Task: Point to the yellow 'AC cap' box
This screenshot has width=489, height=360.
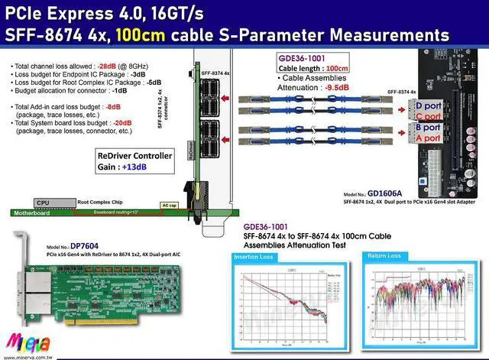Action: (x=169, y=206)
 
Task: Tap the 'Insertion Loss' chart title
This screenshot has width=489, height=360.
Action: (x=252, y=258)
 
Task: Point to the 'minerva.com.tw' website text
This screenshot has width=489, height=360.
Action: (x=23, y=355)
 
